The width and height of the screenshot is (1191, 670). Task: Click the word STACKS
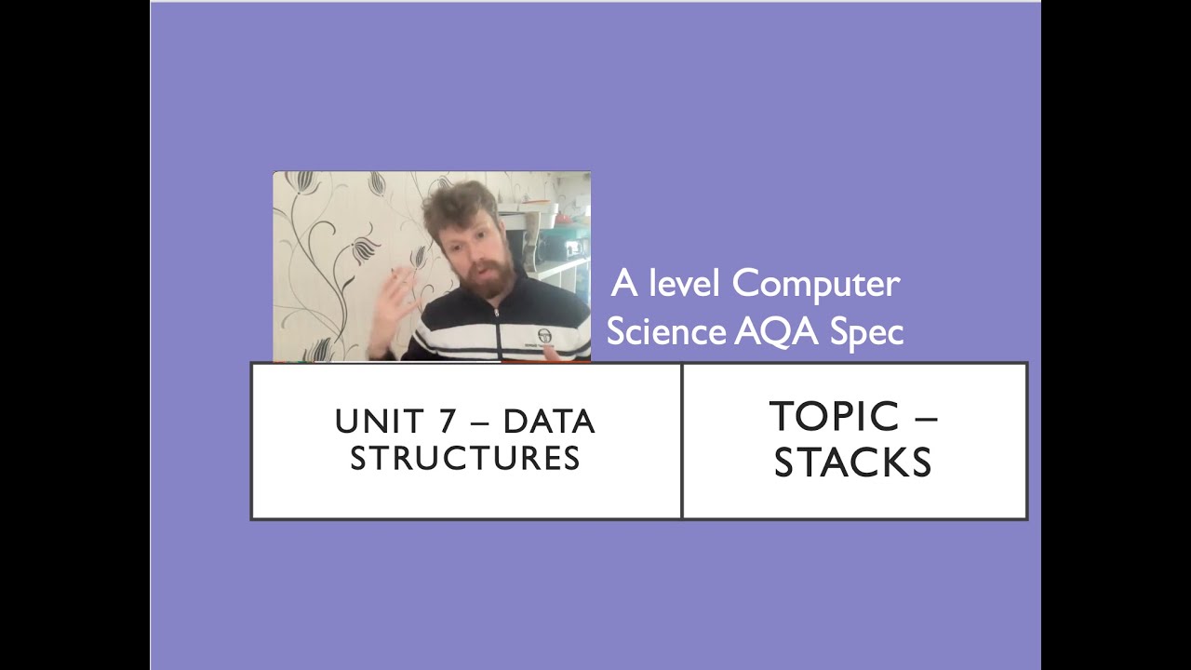(x=852, y=462)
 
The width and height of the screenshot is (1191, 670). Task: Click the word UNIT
(x=377, y=422)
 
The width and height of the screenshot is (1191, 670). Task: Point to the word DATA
(x=549, y=422)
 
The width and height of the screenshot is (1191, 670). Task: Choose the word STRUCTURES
(x=465, y=458)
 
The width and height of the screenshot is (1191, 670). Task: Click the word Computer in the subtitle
(x=816, y=284)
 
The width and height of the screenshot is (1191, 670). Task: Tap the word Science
(x=666, y=331)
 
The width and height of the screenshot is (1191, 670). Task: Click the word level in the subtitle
(x=685, y=284)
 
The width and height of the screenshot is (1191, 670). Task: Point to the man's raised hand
(x=392, y=307)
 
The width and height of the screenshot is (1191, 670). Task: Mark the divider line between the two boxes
(x=682, y=440)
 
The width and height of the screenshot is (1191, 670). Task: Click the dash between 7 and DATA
(x=480, y=422)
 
